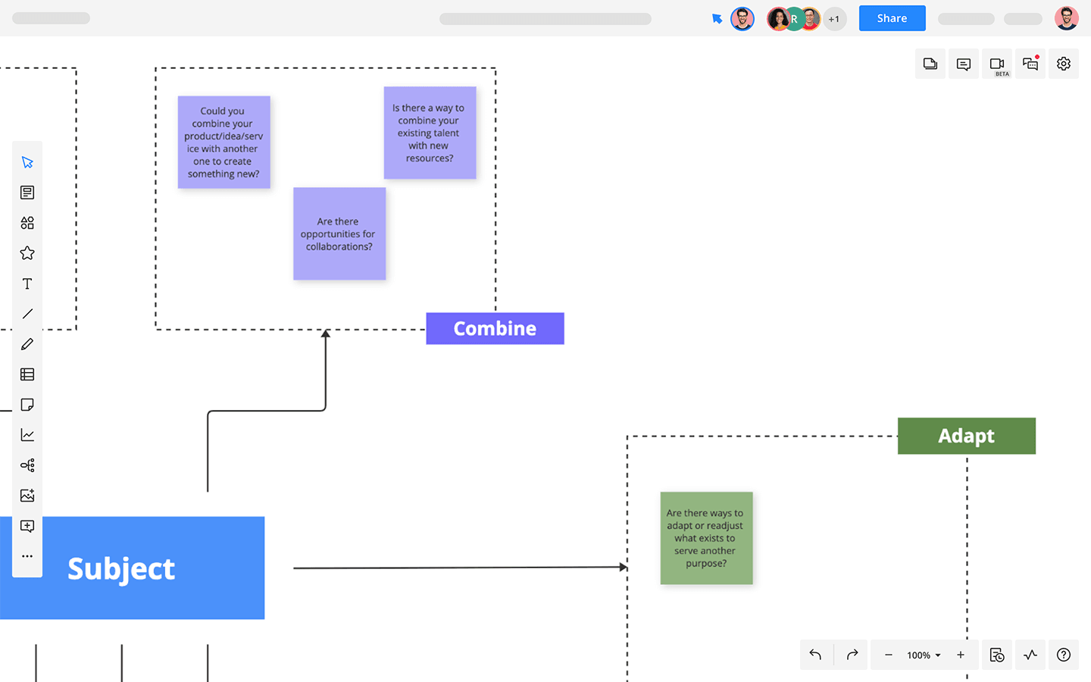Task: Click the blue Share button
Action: click(x=892, y=18)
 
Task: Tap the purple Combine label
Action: click(x=495, y=328)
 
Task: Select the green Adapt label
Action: click(x=966, y=436)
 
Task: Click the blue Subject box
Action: click(x=132, y=568)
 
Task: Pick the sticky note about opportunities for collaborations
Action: click(x=339, y=234)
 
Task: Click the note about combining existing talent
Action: click(x=430, y=133)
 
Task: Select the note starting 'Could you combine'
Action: click(x=224, y=142)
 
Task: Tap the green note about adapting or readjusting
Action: click(x=706, y=538)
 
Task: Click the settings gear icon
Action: click(x=1063, y=64)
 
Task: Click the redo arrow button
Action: click(x=852, y=655)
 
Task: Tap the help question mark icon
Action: click(x=1063, y=655)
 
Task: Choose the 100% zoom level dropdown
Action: click(x=924, y=655)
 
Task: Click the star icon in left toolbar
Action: click(x=27, y=253)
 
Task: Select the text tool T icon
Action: click(x=27, y=283)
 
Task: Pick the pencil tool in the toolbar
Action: click(x=27, y=344)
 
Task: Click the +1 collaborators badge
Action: click(x=834, y=19)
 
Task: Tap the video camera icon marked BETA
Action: click(x=996, y=64)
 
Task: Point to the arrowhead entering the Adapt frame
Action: click(x=624, y=567)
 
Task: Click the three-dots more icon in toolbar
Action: click(x=27, y=556)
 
